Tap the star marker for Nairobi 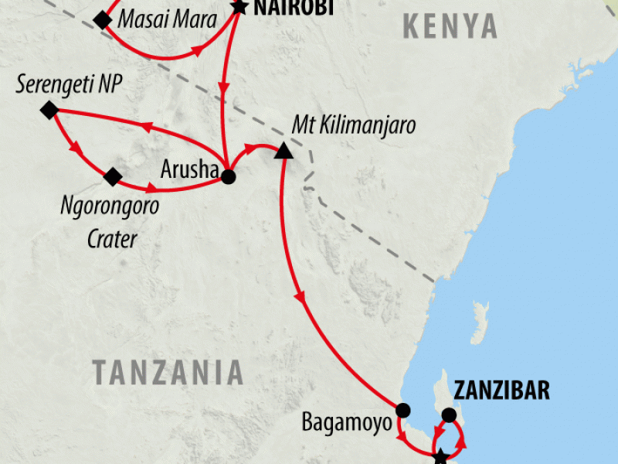pos(239,8)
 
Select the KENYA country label pos(450,27)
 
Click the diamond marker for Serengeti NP pos(49,111)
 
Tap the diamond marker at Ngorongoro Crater pos(113,177)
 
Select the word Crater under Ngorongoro pos(111,239)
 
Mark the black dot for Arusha pos(228,176)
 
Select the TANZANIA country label pos(168,373)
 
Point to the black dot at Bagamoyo pos(402,411)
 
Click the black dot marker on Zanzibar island pos(448,415)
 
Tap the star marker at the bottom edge pos(440,456)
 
